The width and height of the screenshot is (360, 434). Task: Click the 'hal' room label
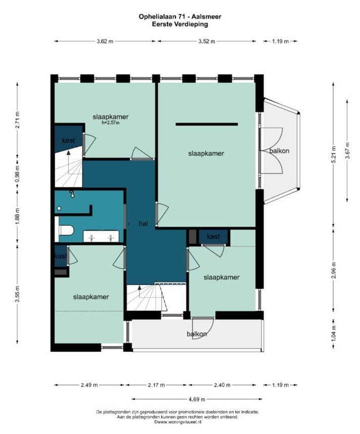pyautogui.click(x=144, y=224)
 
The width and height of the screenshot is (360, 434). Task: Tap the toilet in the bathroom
pyautogui.click(x=66, y=230)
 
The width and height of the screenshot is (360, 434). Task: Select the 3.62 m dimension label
pyautogui.click(x=105, y=41)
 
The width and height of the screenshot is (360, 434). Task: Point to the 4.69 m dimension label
pyautogui.click(x=197, y=399)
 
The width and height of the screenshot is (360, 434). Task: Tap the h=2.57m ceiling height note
pyautogui.click(x=110, y=123)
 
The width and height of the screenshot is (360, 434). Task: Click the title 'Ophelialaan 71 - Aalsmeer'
pyautogui.click(x=180, y=17)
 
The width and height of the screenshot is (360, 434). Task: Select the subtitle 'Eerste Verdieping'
pyautogui.click(x=180, y=24)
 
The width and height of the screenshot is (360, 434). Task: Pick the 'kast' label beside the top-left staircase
pyautogui.click(x=68, y=140)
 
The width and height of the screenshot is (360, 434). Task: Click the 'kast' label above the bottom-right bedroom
pyautogui.click(x=213, y=236)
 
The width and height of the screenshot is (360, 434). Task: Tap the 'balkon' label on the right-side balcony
pyautogui.click(x=280, y=151)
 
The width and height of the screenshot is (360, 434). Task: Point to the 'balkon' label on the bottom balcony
pyautogui.click(x=197, y=334)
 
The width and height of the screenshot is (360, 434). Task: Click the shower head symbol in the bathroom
pyautogui.click(x=72, y=195)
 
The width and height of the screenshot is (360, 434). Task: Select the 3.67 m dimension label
pyautogui.click(x=347, y=150)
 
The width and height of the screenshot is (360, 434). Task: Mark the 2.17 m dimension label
pyautogui.click(x=156, y=385)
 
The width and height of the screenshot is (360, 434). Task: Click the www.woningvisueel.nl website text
pyautogui.click(x=177, y=422)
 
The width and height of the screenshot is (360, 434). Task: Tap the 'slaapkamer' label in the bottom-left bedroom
pyautogui.click(x=91, y=297)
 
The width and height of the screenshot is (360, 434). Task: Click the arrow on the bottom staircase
pyautogui.click(x=140, y=292)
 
